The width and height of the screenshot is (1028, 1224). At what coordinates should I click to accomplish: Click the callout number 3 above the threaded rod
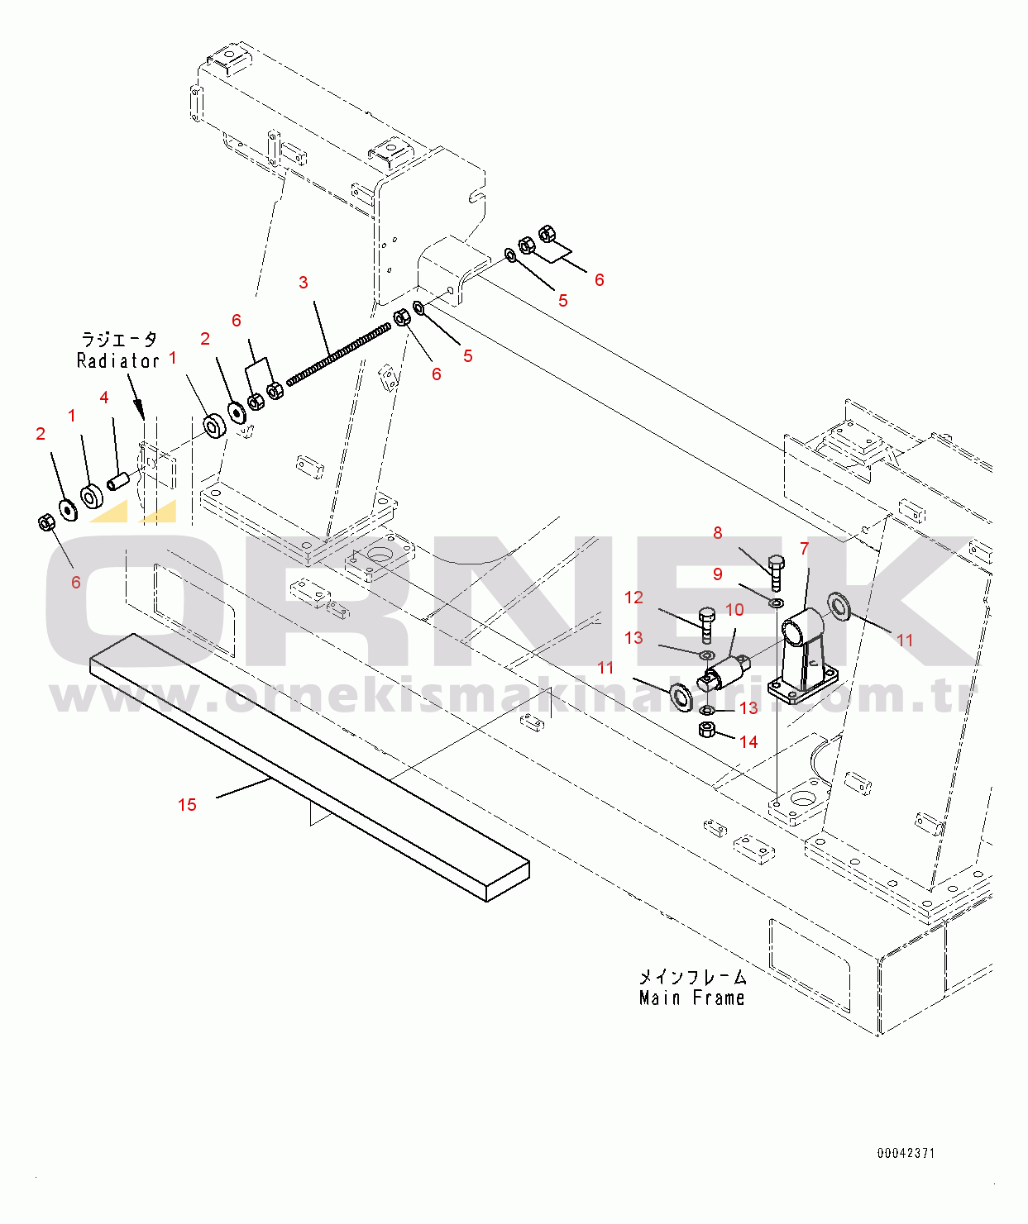304,283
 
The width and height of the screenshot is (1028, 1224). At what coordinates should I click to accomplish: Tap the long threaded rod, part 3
339,355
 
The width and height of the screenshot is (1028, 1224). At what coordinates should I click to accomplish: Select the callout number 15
187,805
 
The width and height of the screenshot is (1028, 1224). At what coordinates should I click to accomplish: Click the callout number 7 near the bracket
804,549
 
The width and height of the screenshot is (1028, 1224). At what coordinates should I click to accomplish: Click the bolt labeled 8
776,572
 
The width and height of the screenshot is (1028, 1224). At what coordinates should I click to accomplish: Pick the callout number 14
748,742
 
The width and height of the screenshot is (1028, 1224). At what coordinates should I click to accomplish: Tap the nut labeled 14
706,729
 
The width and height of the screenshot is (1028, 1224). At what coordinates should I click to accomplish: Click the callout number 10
734,610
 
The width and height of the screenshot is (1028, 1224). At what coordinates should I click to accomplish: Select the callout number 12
634,598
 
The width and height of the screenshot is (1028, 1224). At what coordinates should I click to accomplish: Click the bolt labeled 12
706,625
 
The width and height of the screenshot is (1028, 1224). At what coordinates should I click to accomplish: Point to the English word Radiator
117,361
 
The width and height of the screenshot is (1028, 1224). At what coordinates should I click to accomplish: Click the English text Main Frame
691,998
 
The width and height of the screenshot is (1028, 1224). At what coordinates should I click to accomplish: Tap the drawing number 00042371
906,1153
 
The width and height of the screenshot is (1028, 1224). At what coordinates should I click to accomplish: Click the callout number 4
104,398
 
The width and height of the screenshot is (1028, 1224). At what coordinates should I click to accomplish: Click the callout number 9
717,574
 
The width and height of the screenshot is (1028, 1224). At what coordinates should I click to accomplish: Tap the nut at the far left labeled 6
47,522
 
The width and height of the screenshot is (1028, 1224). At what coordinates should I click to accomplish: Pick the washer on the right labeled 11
839,605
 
